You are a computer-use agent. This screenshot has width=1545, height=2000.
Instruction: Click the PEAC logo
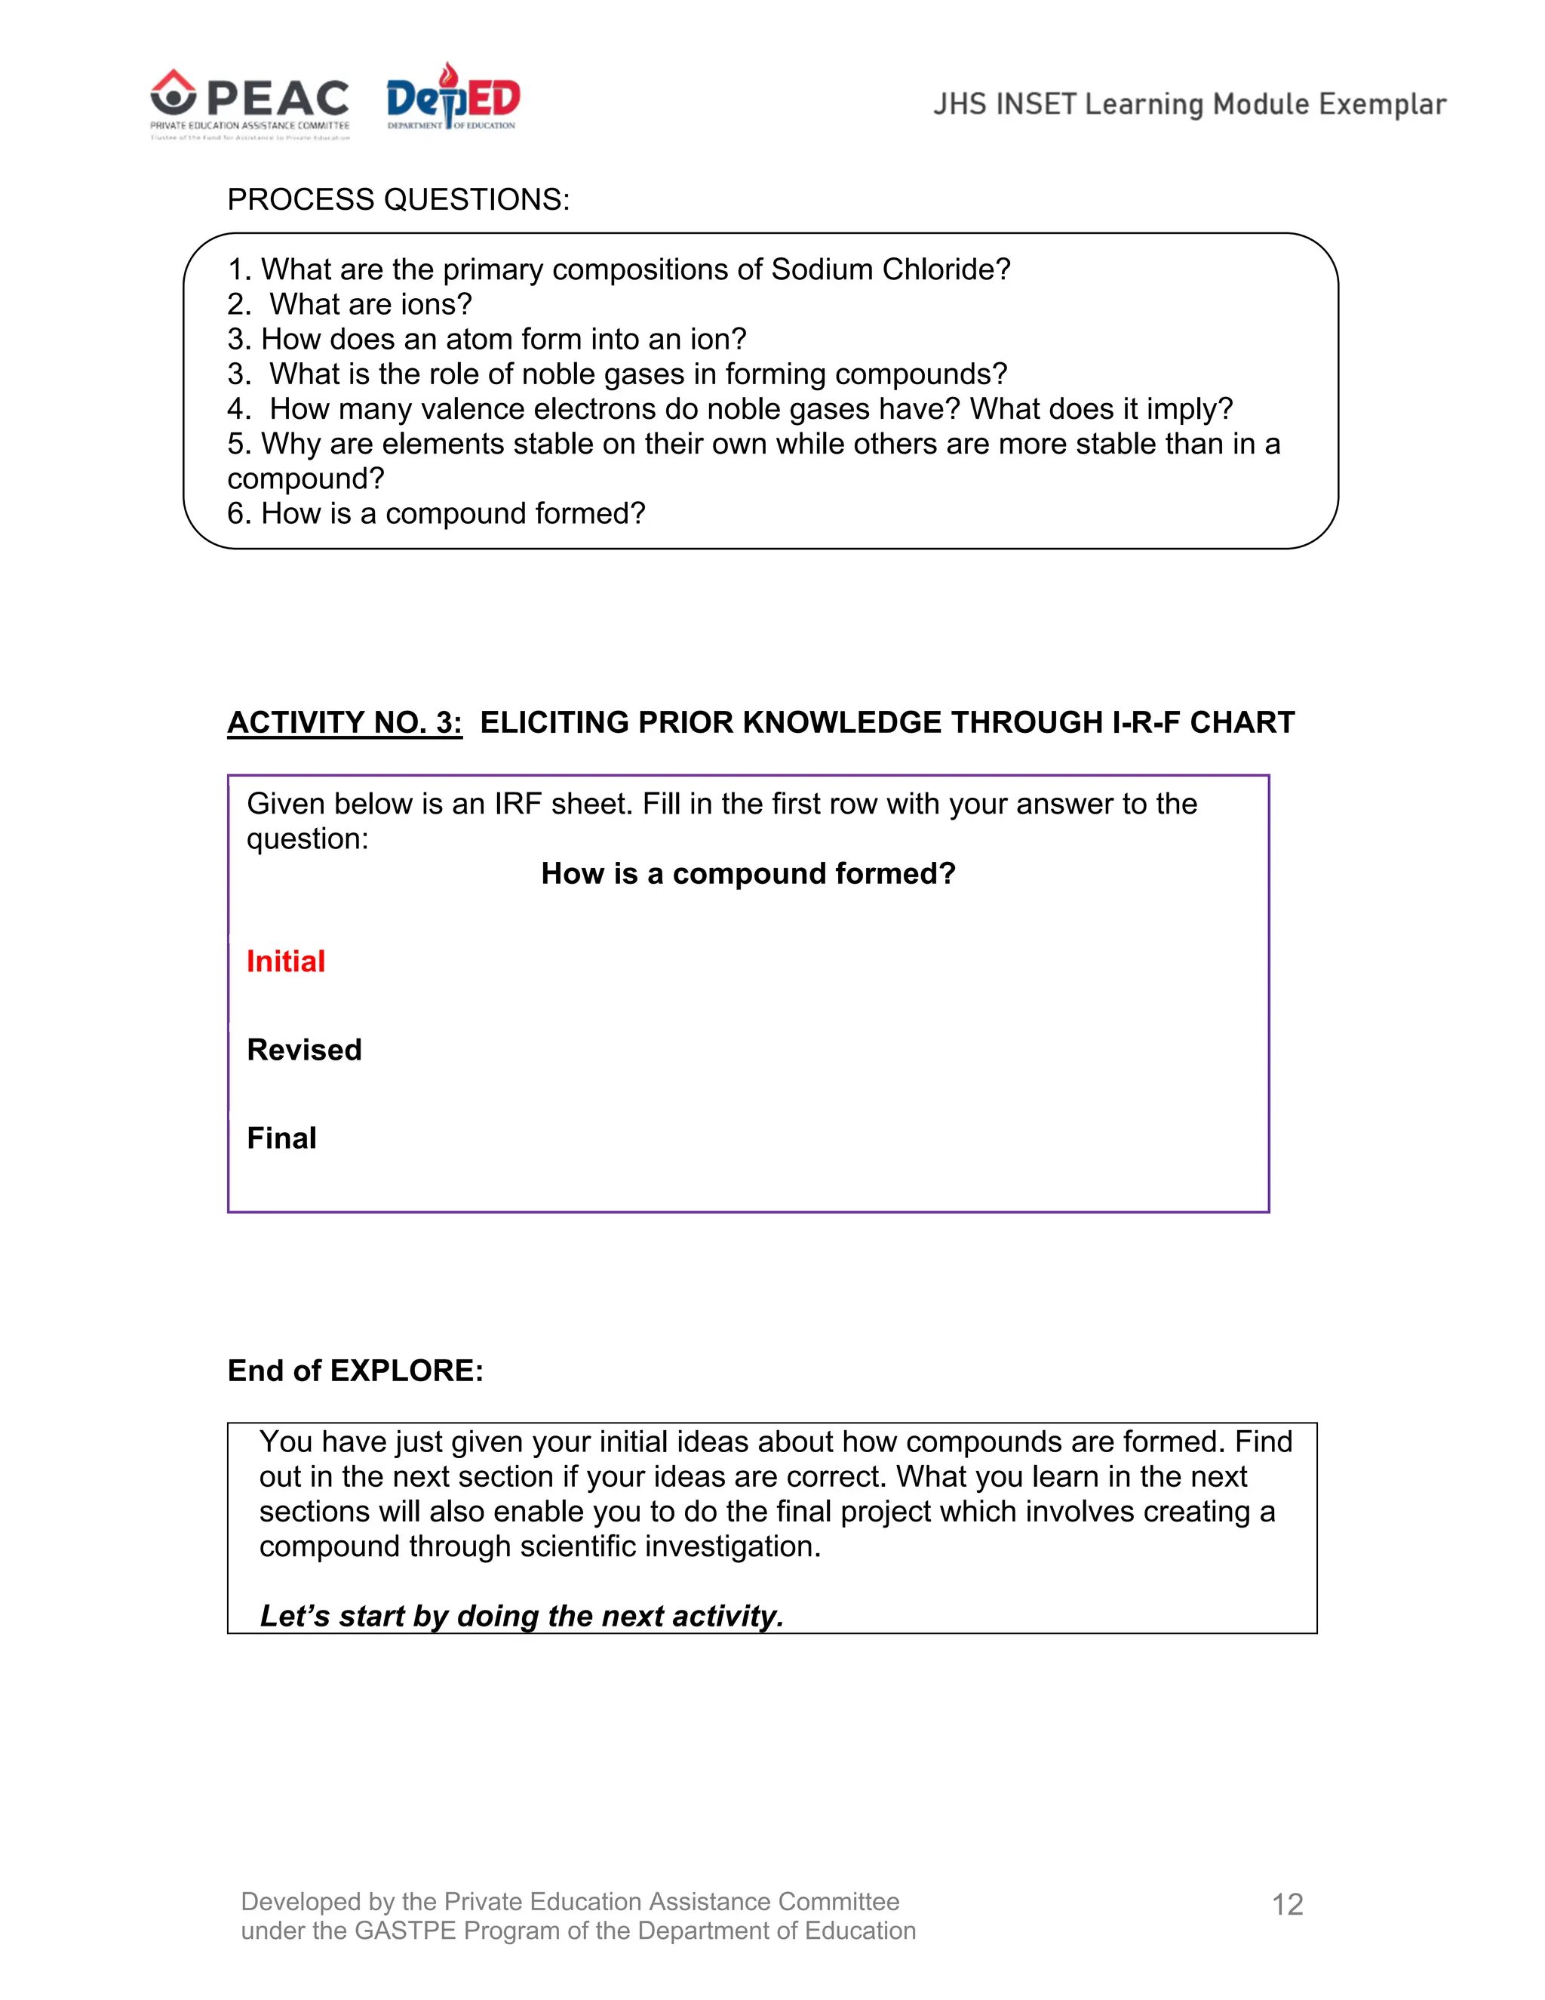tap(249, 103)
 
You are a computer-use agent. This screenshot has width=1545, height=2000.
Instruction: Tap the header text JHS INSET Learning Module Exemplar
tap(1189, 104)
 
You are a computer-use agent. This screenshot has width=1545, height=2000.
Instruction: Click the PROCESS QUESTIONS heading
tap(398, 200)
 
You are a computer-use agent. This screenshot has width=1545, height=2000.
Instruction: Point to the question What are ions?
tap(370, 304)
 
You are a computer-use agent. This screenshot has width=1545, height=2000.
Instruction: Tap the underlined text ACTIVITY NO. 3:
tap(344, 722)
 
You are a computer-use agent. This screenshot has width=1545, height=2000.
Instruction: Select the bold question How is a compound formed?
tap(748, 874)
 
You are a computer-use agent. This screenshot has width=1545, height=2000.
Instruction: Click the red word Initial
tap(286, 962)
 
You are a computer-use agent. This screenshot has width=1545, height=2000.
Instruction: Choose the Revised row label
tap(304, 1050)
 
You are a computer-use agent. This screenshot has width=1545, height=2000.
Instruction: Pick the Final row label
tap(281, 1138)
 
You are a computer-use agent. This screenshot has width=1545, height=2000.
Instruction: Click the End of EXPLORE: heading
tap(355, 1371)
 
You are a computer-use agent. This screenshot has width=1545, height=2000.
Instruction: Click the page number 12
tap(1287, 1906)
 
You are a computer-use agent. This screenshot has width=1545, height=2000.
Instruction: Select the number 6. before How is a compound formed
tap(239, 514)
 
